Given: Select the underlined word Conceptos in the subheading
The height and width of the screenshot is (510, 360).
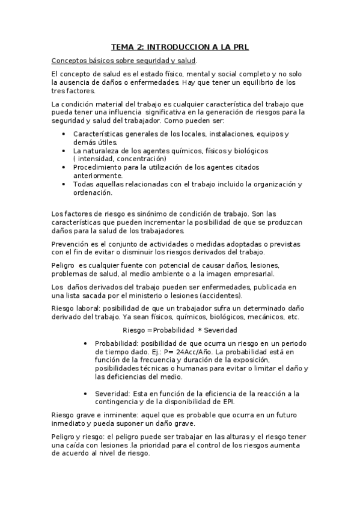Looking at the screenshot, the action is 70,61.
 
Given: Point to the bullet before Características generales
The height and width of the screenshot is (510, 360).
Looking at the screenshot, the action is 64,134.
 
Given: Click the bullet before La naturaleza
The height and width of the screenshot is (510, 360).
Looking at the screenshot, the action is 64,150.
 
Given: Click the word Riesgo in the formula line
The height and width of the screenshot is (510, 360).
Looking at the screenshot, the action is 133,330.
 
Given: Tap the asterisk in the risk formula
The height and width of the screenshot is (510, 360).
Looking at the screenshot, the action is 200,330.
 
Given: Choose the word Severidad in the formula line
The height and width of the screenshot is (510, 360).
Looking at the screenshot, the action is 221,330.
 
